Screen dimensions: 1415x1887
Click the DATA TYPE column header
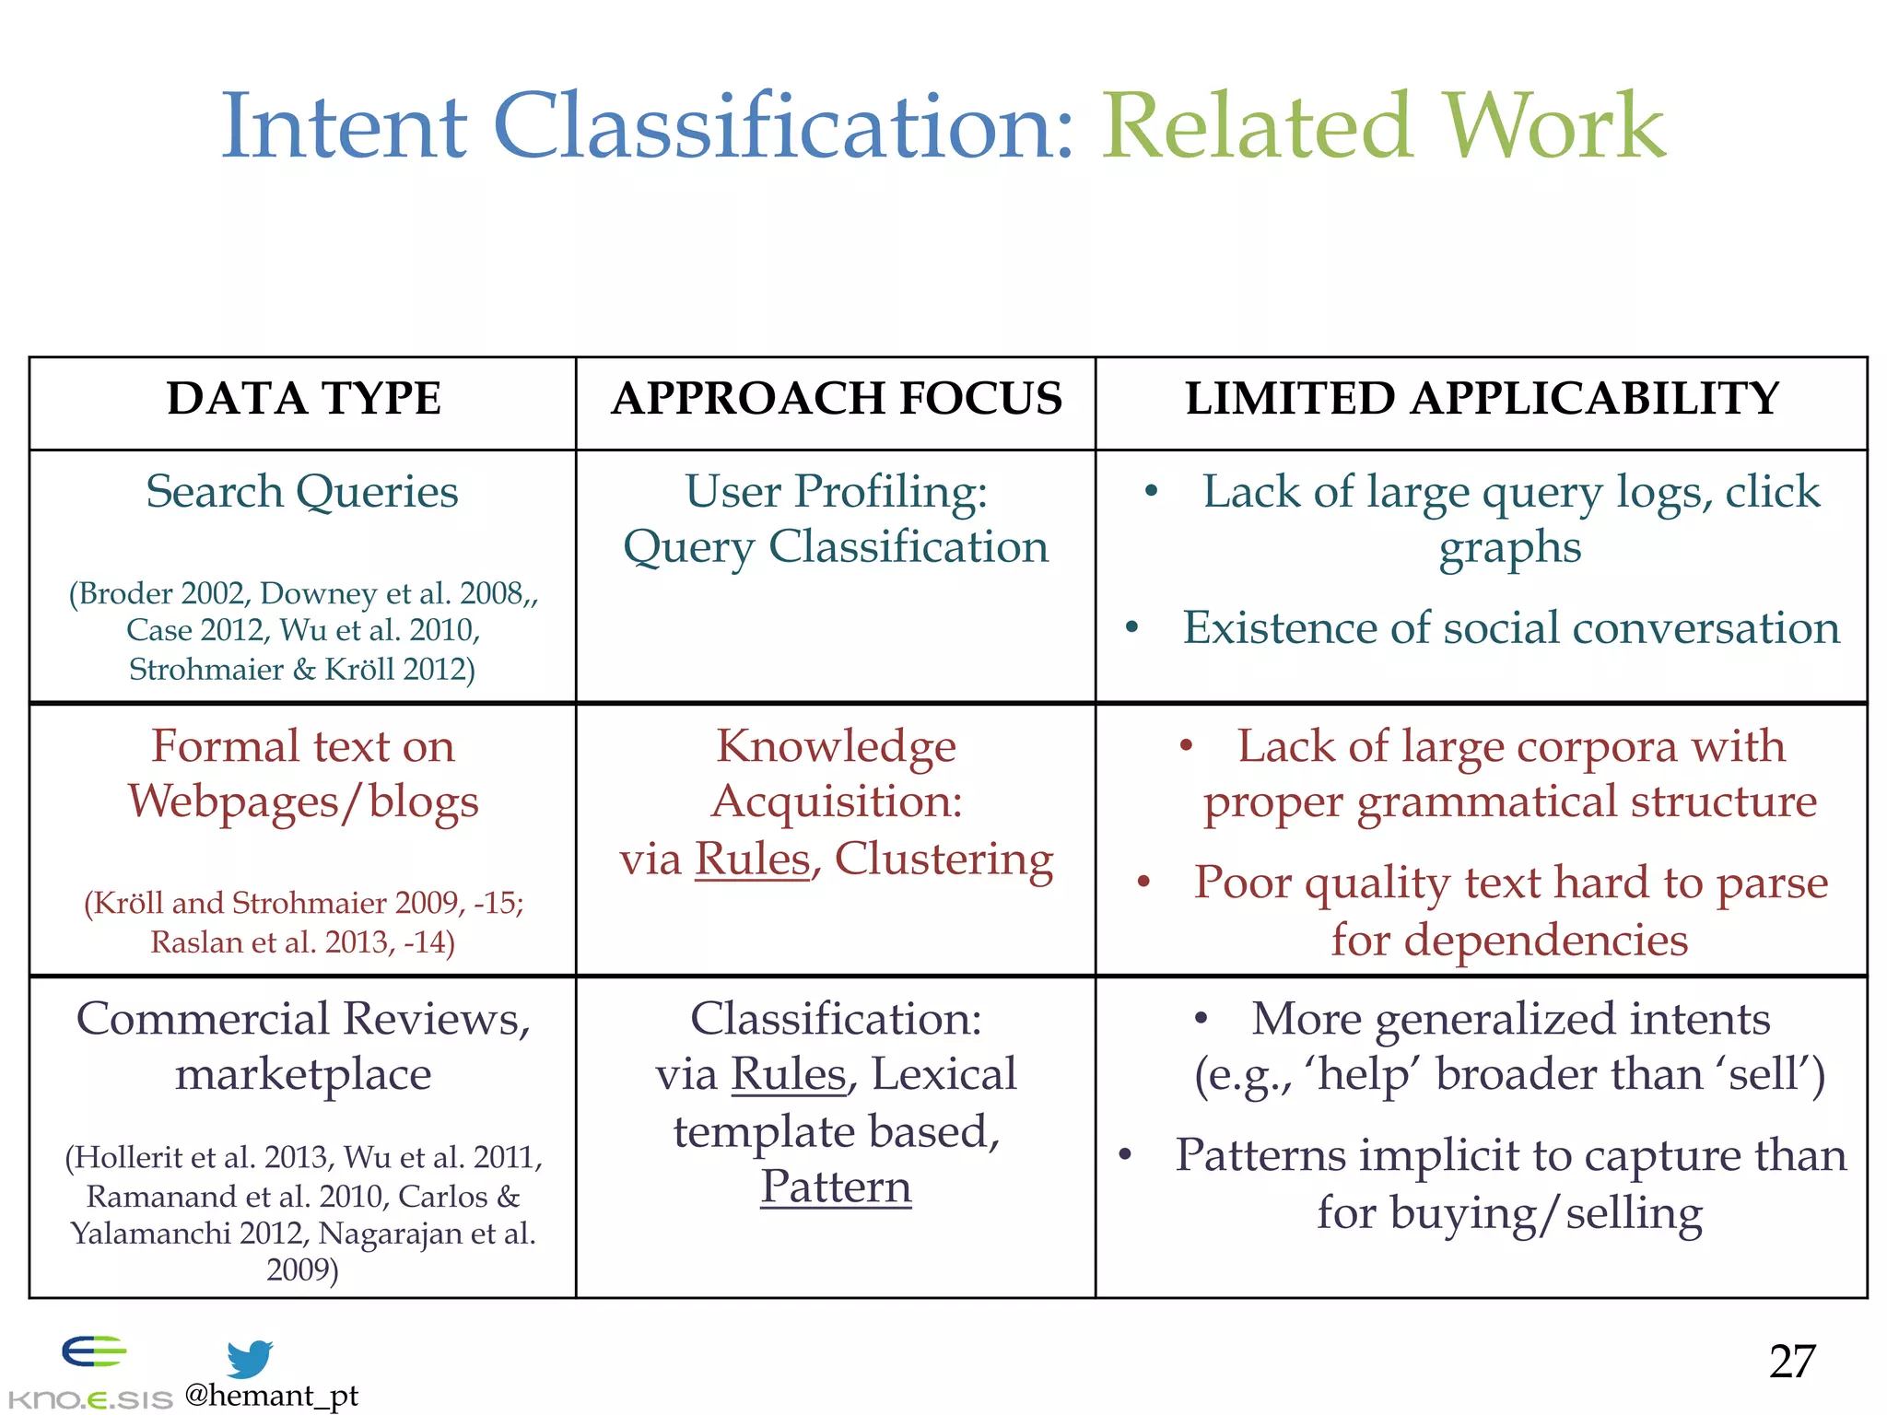pos(303,399)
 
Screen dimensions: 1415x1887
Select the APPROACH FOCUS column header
pos(836,399)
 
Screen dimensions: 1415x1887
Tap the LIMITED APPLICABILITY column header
pos(1482,399)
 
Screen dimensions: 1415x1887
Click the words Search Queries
pos(302,492)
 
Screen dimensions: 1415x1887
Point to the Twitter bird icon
pos(249,1358)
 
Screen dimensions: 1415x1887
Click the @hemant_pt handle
pos(271,1396)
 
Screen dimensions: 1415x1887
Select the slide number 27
pos(1791,1361)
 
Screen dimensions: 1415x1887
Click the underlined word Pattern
pos(836,1187)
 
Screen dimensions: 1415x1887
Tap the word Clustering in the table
pos(943,859)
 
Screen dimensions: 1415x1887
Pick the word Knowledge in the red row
pos(836,746)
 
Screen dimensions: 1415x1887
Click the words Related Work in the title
pos(1384,126)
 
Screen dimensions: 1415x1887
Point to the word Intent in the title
pos(344,126)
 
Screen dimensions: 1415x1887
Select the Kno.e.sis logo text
pos(89,1399)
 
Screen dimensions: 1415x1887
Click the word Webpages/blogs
pos(303,802)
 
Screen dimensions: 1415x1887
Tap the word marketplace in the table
pos(303,1075)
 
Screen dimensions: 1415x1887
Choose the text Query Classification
pos(836,547)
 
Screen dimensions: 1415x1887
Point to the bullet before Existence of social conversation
pos(1132,628)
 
